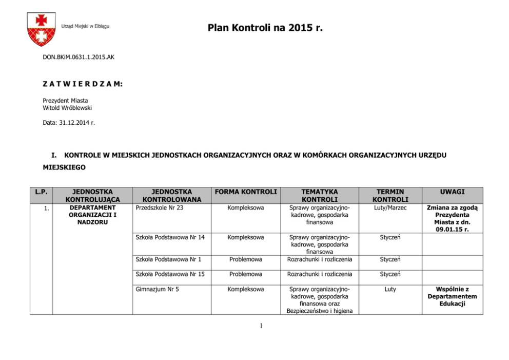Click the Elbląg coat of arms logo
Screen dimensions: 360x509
pos(41,29)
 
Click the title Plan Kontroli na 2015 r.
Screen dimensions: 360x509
pos(265,27)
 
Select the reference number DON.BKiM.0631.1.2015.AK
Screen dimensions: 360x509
pos(79,57)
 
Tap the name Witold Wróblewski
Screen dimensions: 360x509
pos(67,108)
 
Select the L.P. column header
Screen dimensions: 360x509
pos(41,192)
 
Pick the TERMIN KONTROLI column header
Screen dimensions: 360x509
pos(390,195)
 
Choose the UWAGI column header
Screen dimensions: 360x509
pos(452,192)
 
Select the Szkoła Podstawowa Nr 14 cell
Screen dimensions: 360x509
pos(170,237)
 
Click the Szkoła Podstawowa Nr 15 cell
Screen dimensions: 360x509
pos(170,274)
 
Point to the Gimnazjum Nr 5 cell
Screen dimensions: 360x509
pos(157,289)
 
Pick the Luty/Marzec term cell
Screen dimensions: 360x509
pos(390,207)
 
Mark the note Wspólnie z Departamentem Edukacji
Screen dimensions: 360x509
pos(452,296)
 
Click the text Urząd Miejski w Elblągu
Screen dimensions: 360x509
pos(85,26)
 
